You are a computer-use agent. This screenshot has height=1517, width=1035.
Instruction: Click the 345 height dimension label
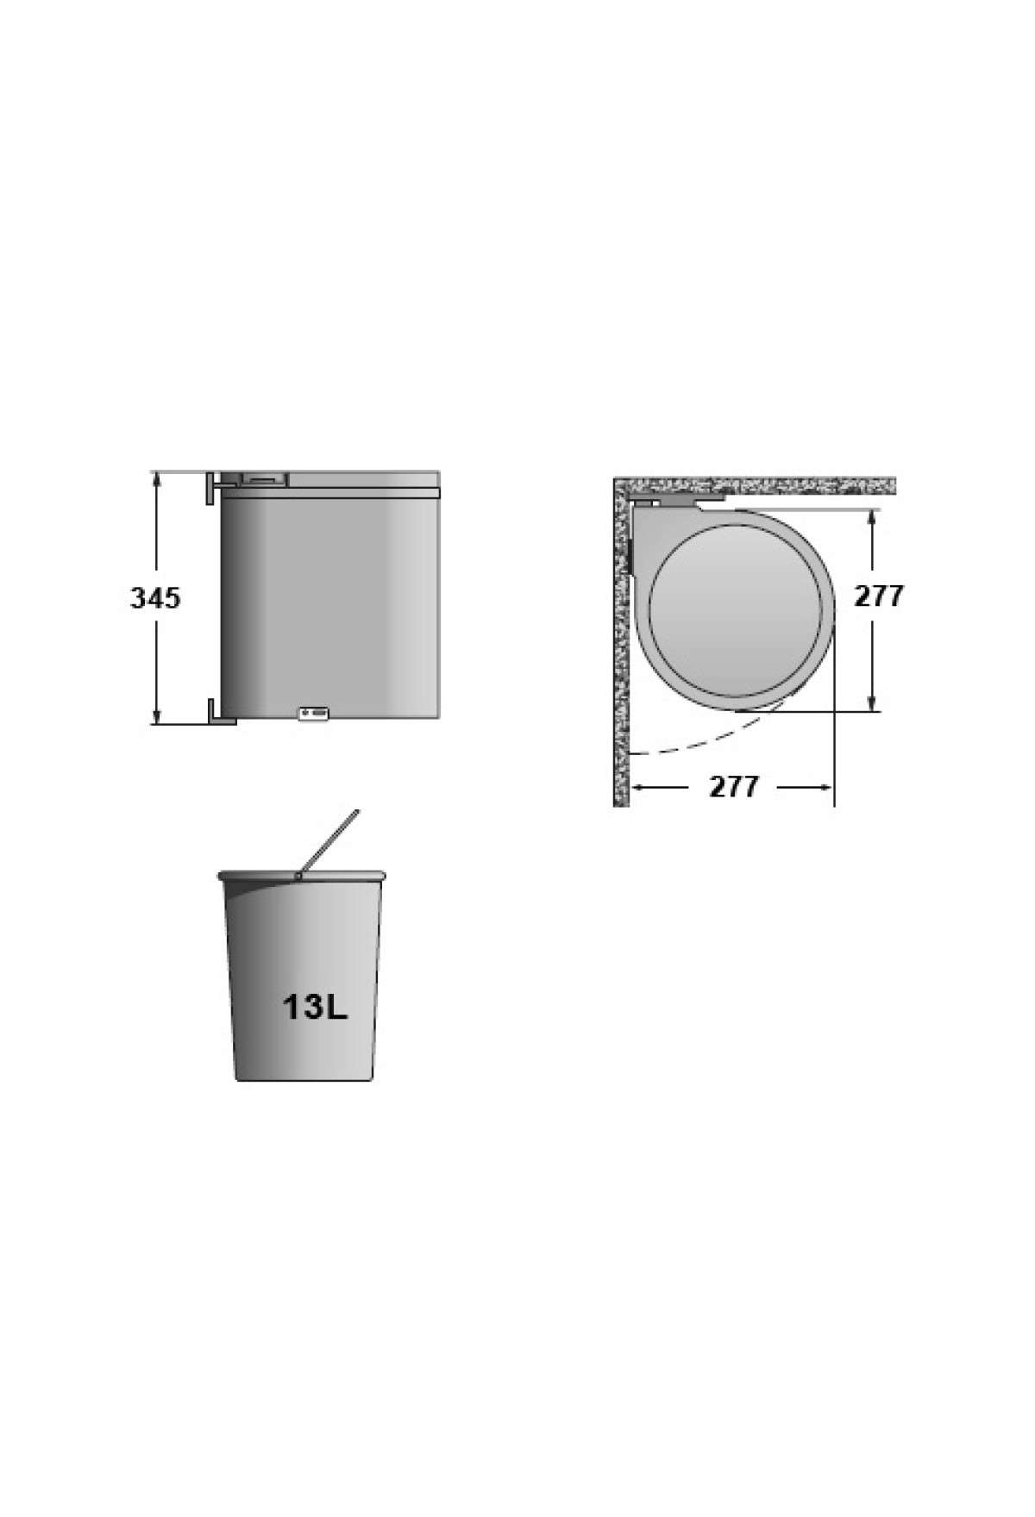(155, 597)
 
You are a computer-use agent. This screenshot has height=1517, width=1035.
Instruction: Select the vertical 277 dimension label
(879, 596)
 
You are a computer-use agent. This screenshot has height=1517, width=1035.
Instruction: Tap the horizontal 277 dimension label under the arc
(734, 786)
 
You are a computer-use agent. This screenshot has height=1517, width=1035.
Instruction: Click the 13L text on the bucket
(315, 1007)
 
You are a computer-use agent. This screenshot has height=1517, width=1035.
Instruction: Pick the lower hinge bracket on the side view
(221, 712)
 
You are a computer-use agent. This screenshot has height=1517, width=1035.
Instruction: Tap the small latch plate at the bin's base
(314, 713)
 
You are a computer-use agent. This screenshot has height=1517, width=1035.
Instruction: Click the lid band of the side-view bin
(331, 493)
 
